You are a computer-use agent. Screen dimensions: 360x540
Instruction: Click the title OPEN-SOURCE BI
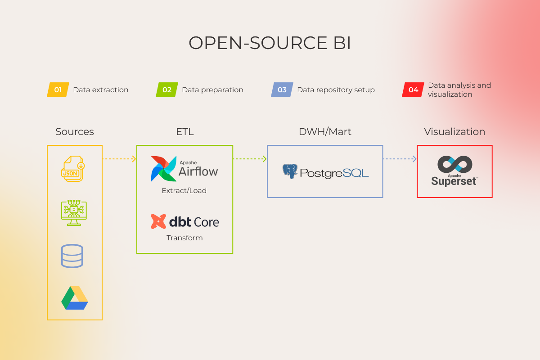[270, 43]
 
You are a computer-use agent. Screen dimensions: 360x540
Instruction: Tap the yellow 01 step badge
[58, 90]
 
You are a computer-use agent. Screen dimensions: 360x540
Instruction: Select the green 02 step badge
[167, 90]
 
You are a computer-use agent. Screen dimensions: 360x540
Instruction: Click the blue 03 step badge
[282, 90]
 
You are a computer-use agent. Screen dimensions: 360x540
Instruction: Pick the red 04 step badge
[413, 90]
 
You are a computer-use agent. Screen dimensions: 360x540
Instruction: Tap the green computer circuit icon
[74, 213]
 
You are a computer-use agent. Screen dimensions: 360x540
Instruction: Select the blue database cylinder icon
[72, 256]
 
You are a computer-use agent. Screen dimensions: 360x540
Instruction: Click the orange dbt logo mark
[158, 221]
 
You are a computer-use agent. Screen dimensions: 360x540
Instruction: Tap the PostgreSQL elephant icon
[290, 171]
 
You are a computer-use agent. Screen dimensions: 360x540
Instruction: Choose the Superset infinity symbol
[454, 164]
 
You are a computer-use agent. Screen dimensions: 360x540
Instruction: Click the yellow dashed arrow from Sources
[119, 158]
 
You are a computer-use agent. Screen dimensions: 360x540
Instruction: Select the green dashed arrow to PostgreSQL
[250, 158]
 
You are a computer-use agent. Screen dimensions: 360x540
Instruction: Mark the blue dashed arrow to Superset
[400, 158]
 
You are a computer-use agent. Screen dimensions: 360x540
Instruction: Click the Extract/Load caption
[184, 191]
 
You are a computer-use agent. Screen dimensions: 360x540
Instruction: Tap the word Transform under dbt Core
[184, 238]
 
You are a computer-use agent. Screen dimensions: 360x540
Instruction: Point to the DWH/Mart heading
[325, 132]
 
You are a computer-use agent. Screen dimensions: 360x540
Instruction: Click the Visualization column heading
[454, 132]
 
